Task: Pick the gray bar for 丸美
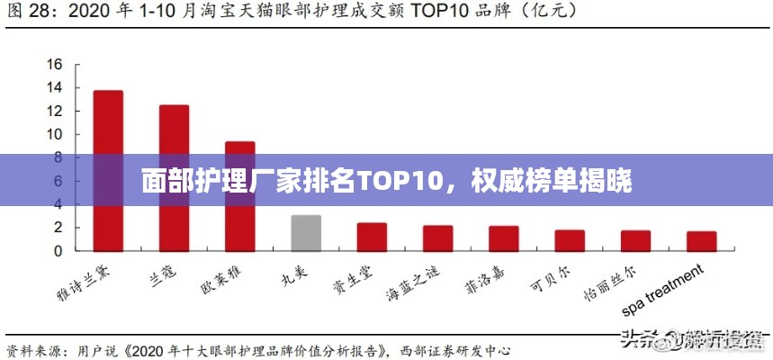pos(306,232)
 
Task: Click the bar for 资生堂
pos(372,237)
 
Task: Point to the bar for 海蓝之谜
pos(437,238)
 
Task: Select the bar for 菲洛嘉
pos(504,238)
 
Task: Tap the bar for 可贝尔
pos(570,239)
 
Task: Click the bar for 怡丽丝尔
pos(635,240)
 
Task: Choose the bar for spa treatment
pos(702,240)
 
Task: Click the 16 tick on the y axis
pos(55,65)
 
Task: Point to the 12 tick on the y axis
pos(55,112)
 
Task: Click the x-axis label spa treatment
pos(662,291)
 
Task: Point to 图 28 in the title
pos(27,13)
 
